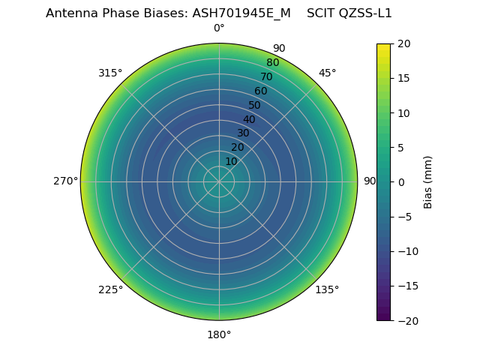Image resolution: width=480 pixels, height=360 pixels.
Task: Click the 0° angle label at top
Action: [x=219, y=28]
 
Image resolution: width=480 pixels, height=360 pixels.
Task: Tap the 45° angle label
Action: [x=328, y=73]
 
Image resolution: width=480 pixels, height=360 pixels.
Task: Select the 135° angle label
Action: [x=327, y=290]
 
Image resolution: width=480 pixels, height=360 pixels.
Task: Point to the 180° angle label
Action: [x=219, y=334]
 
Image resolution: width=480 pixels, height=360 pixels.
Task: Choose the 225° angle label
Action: [x=110, y=290]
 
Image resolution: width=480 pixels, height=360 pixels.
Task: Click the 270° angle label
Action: [x=65, y=181]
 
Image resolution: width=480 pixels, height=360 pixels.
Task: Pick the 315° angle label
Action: [x=110, y=73]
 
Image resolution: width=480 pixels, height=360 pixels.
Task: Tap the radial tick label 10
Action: [x=232, y=161]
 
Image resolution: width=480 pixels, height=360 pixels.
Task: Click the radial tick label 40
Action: [x=249, y=119]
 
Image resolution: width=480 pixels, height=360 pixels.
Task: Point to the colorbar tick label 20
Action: [x=403, y=43]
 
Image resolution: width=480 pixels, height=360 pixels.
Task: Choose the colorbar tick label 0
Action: [x=400, y=182]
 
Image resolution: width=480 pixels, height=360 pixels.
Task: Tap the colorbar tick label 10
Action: [x=403, y=112]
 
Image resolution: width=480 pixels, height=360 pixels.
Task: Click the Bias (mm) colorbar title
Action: [x=428, y=182]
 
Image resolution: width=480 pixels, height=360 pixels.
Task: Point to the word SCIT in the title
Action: [x=320, y=13]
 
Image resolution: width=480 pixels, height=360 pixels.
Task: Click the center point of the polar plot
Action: [x=219, y=181]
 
